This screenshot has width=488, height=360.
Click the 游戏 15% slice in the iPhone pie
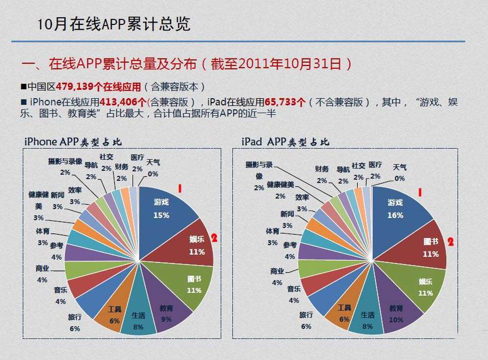point(164,210)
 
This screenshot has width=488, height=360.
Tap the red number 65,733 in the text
point(285,102)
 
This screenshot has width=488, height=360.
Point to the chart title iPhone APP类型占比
point(73,141)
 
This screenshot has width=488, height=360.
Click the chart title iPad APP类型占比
point(285,141)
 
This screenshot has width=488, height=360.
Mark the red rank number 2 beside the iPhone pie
point(213,239)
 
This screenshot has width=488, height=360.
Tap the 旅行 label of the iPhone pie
point(75,318)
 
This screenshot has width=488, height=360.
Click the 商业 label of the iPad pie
point(277,271)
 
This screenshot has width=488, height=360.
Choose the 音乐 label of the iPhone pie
point(61,290)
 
